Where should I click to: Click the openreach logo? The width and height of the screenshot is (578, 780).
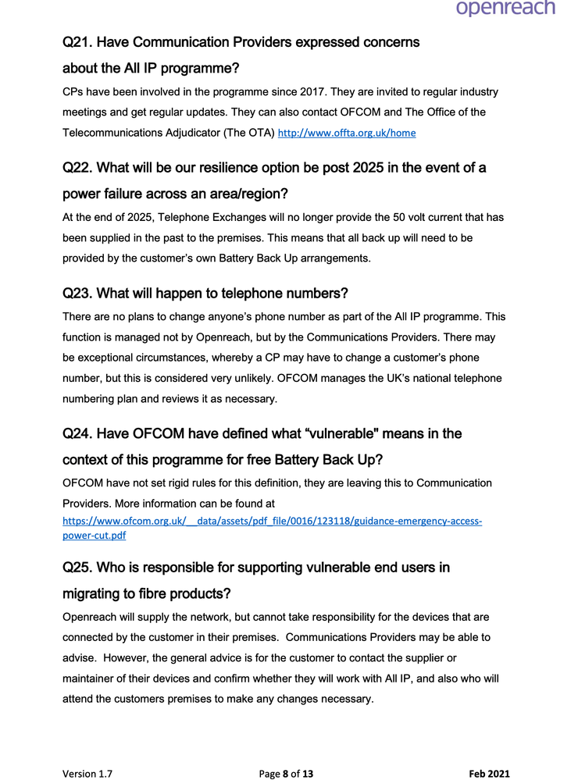click(x=505, y=9)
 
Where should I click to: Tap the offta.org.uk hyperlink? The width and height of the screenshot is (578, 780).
click(x=347, y=134)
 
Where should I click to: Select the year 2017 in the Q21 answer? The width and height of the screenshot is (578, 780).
click(x=304, y=92)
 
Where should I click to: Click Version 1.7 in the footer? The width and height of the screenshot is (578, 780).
click(x=87, y=775)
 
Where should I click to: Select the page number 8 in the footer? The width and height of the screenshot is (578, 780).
click(x=286, y=775)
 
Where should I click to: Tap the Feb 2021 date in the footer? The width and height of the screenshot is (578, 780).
click(x=489, y=775)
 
